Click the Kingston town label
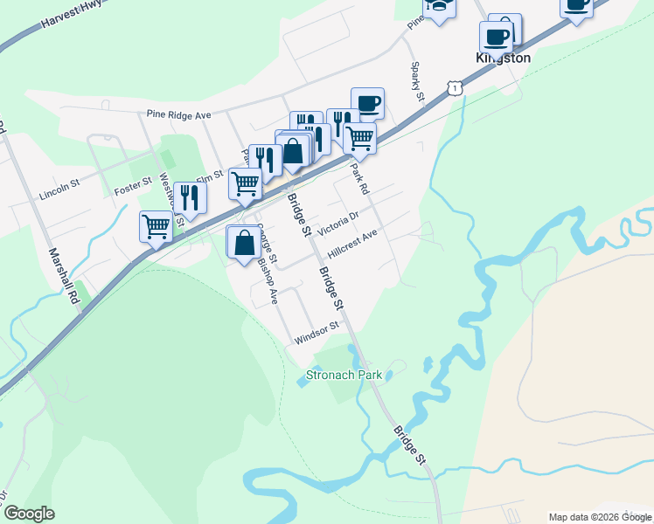[x=503, y=59]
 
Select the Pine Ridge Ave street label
[x=179, y=114]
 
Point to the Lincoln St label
[x=59, y=191]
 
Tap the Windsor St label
[x=317, y=334]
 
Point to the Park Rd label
[x=360, y=178]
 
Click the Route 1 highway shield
[x=453, y=87]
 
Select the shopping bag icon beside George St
[x=244, y=242]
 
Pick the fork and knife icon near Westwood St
[x=186, y=197]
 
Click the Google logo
[x=29, y=513]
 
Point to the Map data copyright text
[x=600, y=516]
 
